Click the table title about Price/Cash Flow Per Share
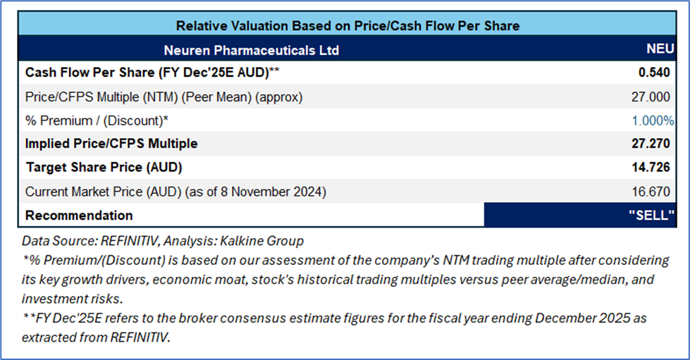tap(347, 26)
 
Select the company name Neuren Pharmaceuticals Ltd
tap(252, 50)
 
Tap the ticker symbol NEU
tap(660, 49)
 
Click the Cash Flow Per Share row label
tap(152, 73)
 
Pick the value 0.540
tap(654, 73)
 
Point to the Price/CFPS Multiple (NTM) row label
tap(164, 97)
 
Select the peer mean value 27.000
tap(651, 97)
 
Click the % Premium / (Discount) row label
tap(97, 120)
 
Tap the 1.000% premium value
tap(653, 120)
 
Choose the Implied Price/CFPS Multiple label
tap(111, 144)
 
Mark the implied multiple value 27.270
tap(651, 144)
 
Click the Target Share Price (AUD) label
tap(104, 167)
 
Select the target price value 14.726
tap(651, 167)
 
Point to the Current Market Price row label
tap(175, 192)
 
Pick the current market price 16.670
tap(651, 192)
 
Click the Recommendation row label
tap(79, 215)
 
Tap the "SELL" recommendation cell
tap(580, 215)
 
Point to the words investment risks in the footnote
tap(72, 299)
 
